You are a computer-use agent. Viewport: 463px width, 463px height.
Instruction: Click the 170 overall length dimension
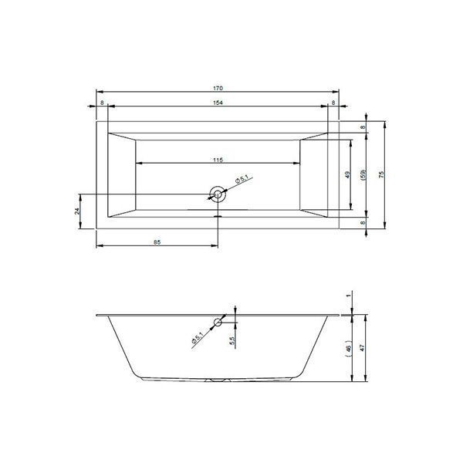tap(218, 88)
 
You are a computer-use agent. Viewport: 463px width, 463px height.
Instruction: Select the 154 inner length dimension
tap(218, 103)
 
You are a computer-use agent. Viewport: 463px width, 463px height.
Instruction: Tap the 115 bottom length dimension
tap(218, 160)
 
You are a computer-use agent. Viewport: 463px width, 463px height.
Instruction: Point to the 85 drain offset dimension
tap(157, 242)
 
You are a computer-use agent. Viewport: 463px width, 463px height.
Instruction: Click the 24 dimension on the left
tap(77, 211)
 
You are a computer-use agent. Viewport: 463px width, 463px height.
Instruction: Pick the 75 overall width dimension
tap(381, 174)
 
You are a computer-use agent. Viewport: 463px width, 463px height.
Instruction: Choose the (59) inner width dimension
tap(363, 174)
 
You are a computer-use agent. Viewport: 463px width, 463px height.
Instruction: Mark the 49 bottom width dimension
tap(347, 174)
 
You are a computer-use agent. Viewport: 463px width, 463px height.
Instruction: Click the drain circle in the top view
tap(218, 194)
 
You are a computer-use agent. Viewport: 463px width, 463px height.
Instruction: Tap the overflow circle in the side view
tap(218, 322)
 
